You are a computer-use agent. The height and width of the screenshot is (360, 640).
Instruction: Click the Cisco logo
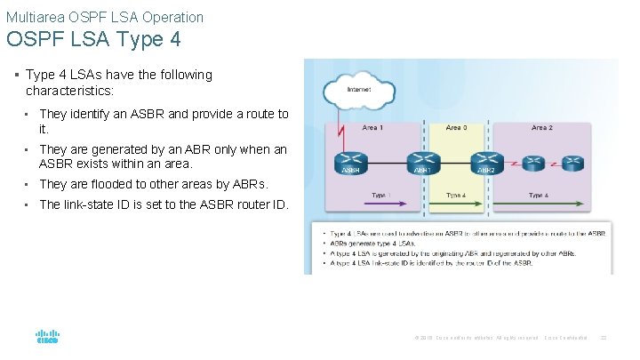[47, 338]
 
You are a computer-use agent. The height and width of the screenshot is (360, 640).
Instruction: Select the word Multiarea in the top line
[31, 17]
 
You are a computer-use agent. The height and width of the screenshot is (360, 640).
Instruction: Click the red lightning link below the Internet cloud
[341, 132]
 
